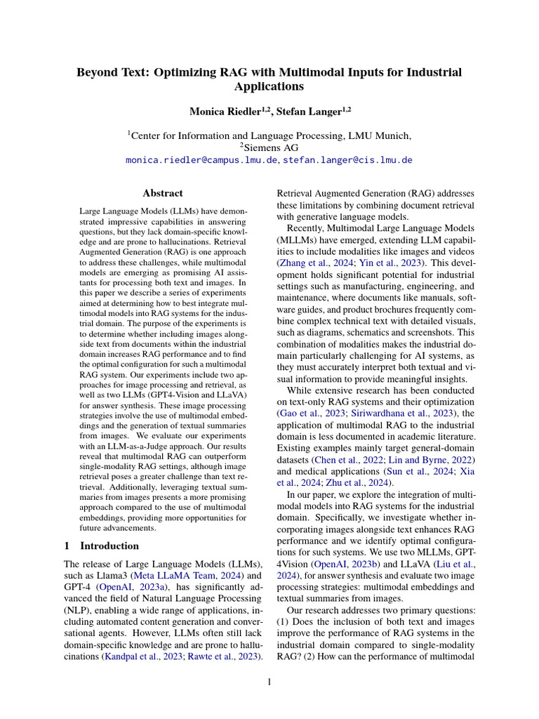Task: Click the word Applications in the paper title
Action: click(269, 87)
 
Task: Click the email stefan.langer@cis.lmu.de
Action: click(347, 160)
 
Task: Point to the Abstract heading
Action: click(163, 193)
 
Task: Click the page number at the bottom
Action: click(269, 681)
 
